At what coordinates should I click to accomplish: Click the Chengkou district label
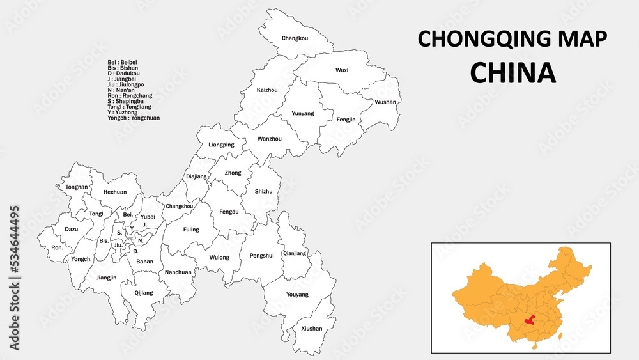295,38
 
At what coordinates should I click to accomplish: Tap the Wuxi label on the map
342,70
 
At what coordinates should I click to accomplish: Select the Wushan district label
385,102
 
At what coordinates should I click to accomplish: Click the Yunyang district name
303,113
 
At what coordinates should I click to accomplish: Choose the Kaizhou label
267,90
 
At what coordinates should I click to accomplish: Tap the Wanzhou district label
269,139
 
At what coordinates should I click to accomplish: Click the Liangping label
221,145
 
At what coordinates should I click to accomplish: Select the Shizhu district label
263,191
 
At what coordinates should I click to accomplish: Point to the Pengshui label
261,256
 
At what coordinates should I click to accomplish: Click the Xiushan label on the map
311,329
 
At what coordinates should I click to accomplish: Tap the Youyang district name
298,295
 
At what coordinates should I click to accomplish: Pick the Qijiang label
144,293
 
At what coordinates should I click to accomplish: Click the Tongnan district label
77,187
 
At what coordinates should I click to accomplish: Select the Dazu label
71,228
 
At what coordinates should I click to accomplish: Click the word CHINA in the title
512,73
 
